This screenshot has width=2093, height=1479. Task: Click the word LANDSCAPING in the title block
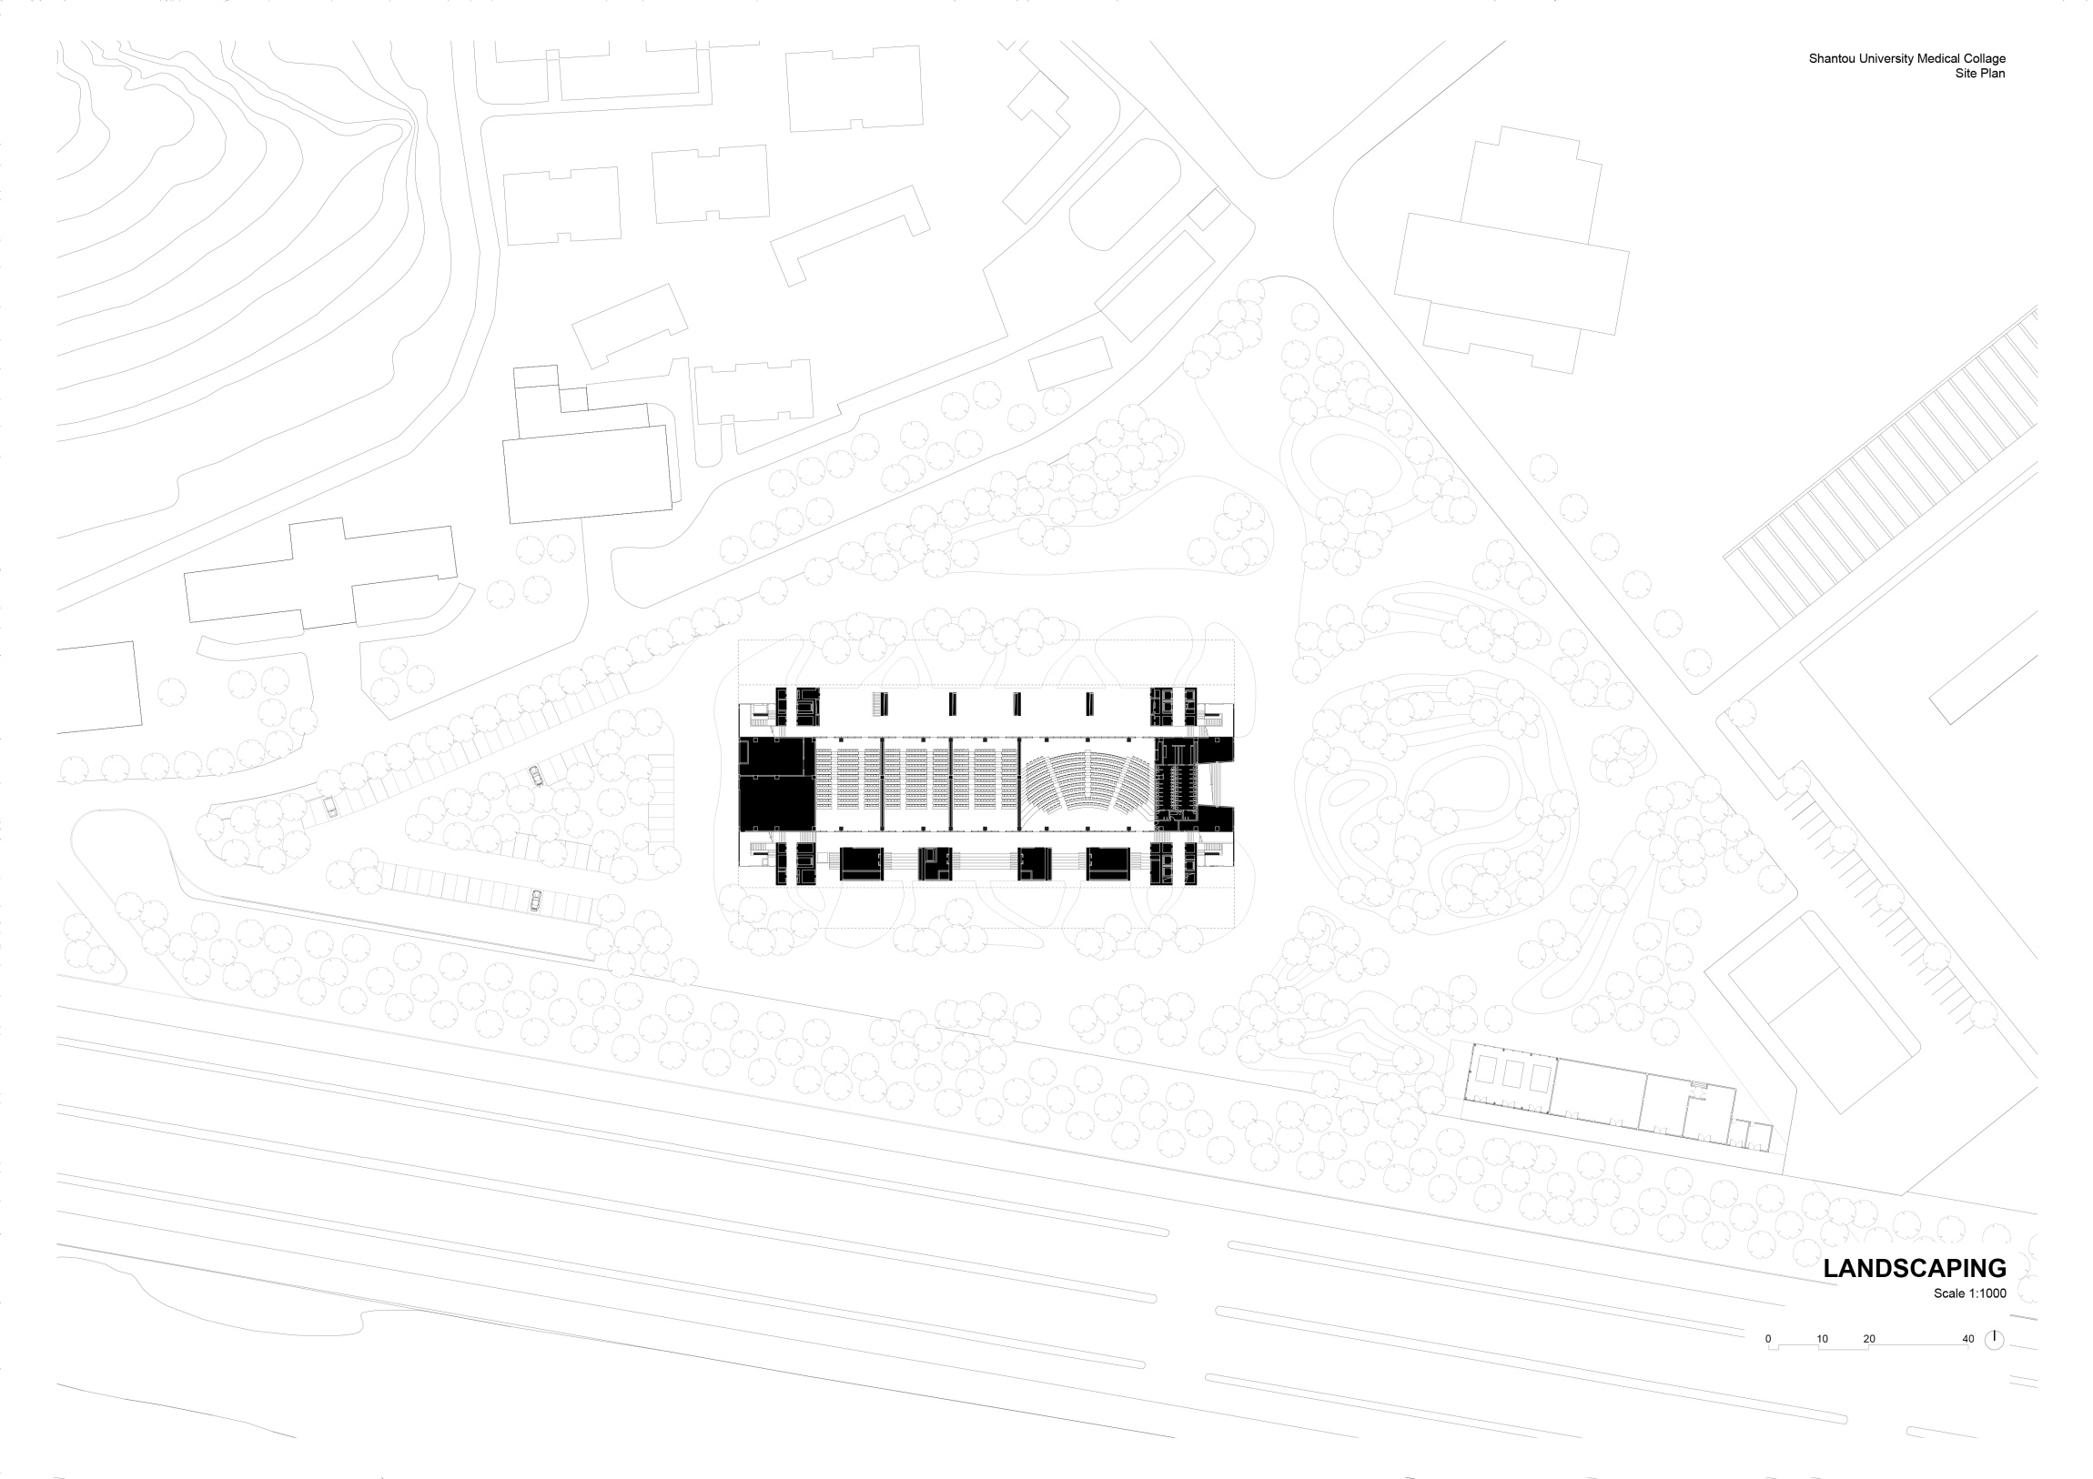click(1914, 1268)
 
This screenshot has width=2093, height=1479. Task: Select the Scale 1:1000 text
click(1969, 1293)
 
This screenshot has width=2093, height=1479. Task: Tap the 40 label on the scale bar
click(1968, 1339)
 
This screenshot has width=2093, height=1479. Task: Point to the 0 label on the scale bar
click(1768, 1339)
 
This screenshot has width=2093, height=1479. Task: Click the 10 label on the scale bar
click(1822, 1339)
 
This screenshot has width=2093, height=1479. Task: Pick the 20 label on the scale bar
click(1869, 1339)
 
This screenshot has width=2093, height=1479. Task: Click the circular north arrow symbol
click(1994, 1340)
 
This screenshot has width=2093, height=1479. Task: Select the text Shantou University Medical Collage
click(1907, 58)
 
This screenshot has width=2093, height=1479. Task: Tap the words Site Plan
click(1980, 74)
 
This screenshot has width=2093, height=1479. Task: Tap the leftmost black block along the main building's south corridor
click(861, 863)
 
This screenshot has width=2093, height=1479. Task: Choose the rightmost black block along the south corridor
click(1107, 863)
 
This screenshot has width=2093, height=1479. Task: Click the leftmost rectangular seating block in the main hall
click(848, 784)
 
